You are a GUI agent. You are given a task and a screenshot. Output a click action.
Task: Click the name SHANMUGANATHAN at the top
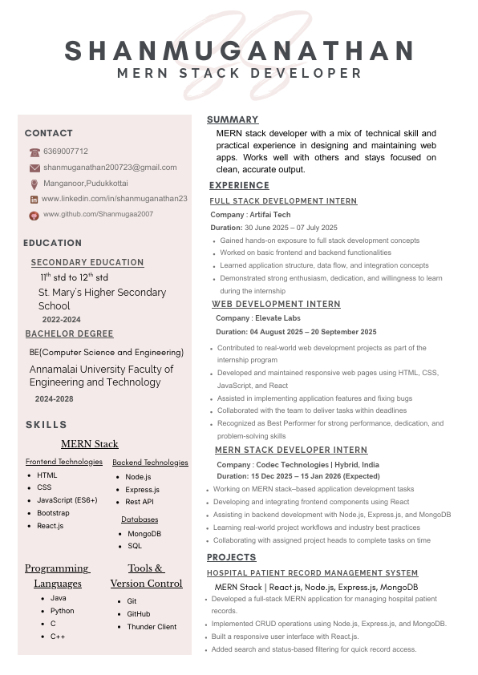tap(239, 51)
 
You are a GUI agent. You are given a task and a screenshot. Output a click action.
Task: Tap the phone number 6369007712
tap(66, 152)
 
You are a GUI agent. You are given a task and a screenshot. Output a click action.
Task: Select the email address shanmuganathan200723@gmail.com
tap(110, 168)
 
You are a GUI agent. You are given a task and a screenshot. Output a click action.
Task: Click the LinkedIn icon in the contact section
tap(34, 199)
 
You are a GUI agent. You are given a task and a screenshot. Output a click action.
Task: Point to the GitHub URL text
tap(98, 214)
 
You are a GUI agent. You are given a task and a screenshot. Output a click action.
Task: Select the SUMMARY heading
tap(233, 119)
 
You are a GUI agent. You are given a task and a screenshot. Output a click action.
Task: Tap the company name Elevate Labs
tap(277, 318)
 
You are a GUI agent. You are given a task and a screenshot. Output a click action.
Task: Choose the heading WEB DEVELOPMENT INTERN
tap(276, 305)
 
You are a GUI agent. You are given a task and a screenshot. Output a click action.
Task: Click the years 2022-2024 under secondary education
tap(62, 319)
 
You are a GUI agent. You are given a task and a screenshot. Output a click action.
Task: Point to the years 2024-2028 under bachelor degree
tap(54, 398)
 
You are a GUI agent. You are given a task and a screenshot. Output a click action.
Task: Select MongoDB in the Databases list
tap(144, 533)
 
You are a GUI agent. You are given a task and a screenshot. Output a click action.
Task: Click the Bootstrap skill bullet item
tap(53, 513)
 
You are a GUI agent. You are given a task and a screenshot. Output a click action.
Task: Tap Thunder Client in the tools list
tap(152, 627)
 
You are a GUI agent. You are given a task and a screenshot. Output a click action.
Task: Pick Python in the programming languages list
tap(62, 611)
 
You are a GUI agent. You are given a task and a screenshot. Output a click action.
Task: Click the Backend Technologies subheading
tap(150, 463)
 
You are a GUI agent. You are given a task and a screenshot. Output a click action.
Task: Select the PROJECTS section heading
tap(232, 557)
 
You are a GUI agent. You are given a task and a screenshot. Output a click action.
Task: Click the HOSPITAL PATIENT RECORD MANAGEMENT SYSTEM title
tap(312, 573)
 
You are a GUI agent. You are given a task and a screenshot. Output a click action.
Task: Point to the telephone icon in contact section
tap(34, 152)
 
